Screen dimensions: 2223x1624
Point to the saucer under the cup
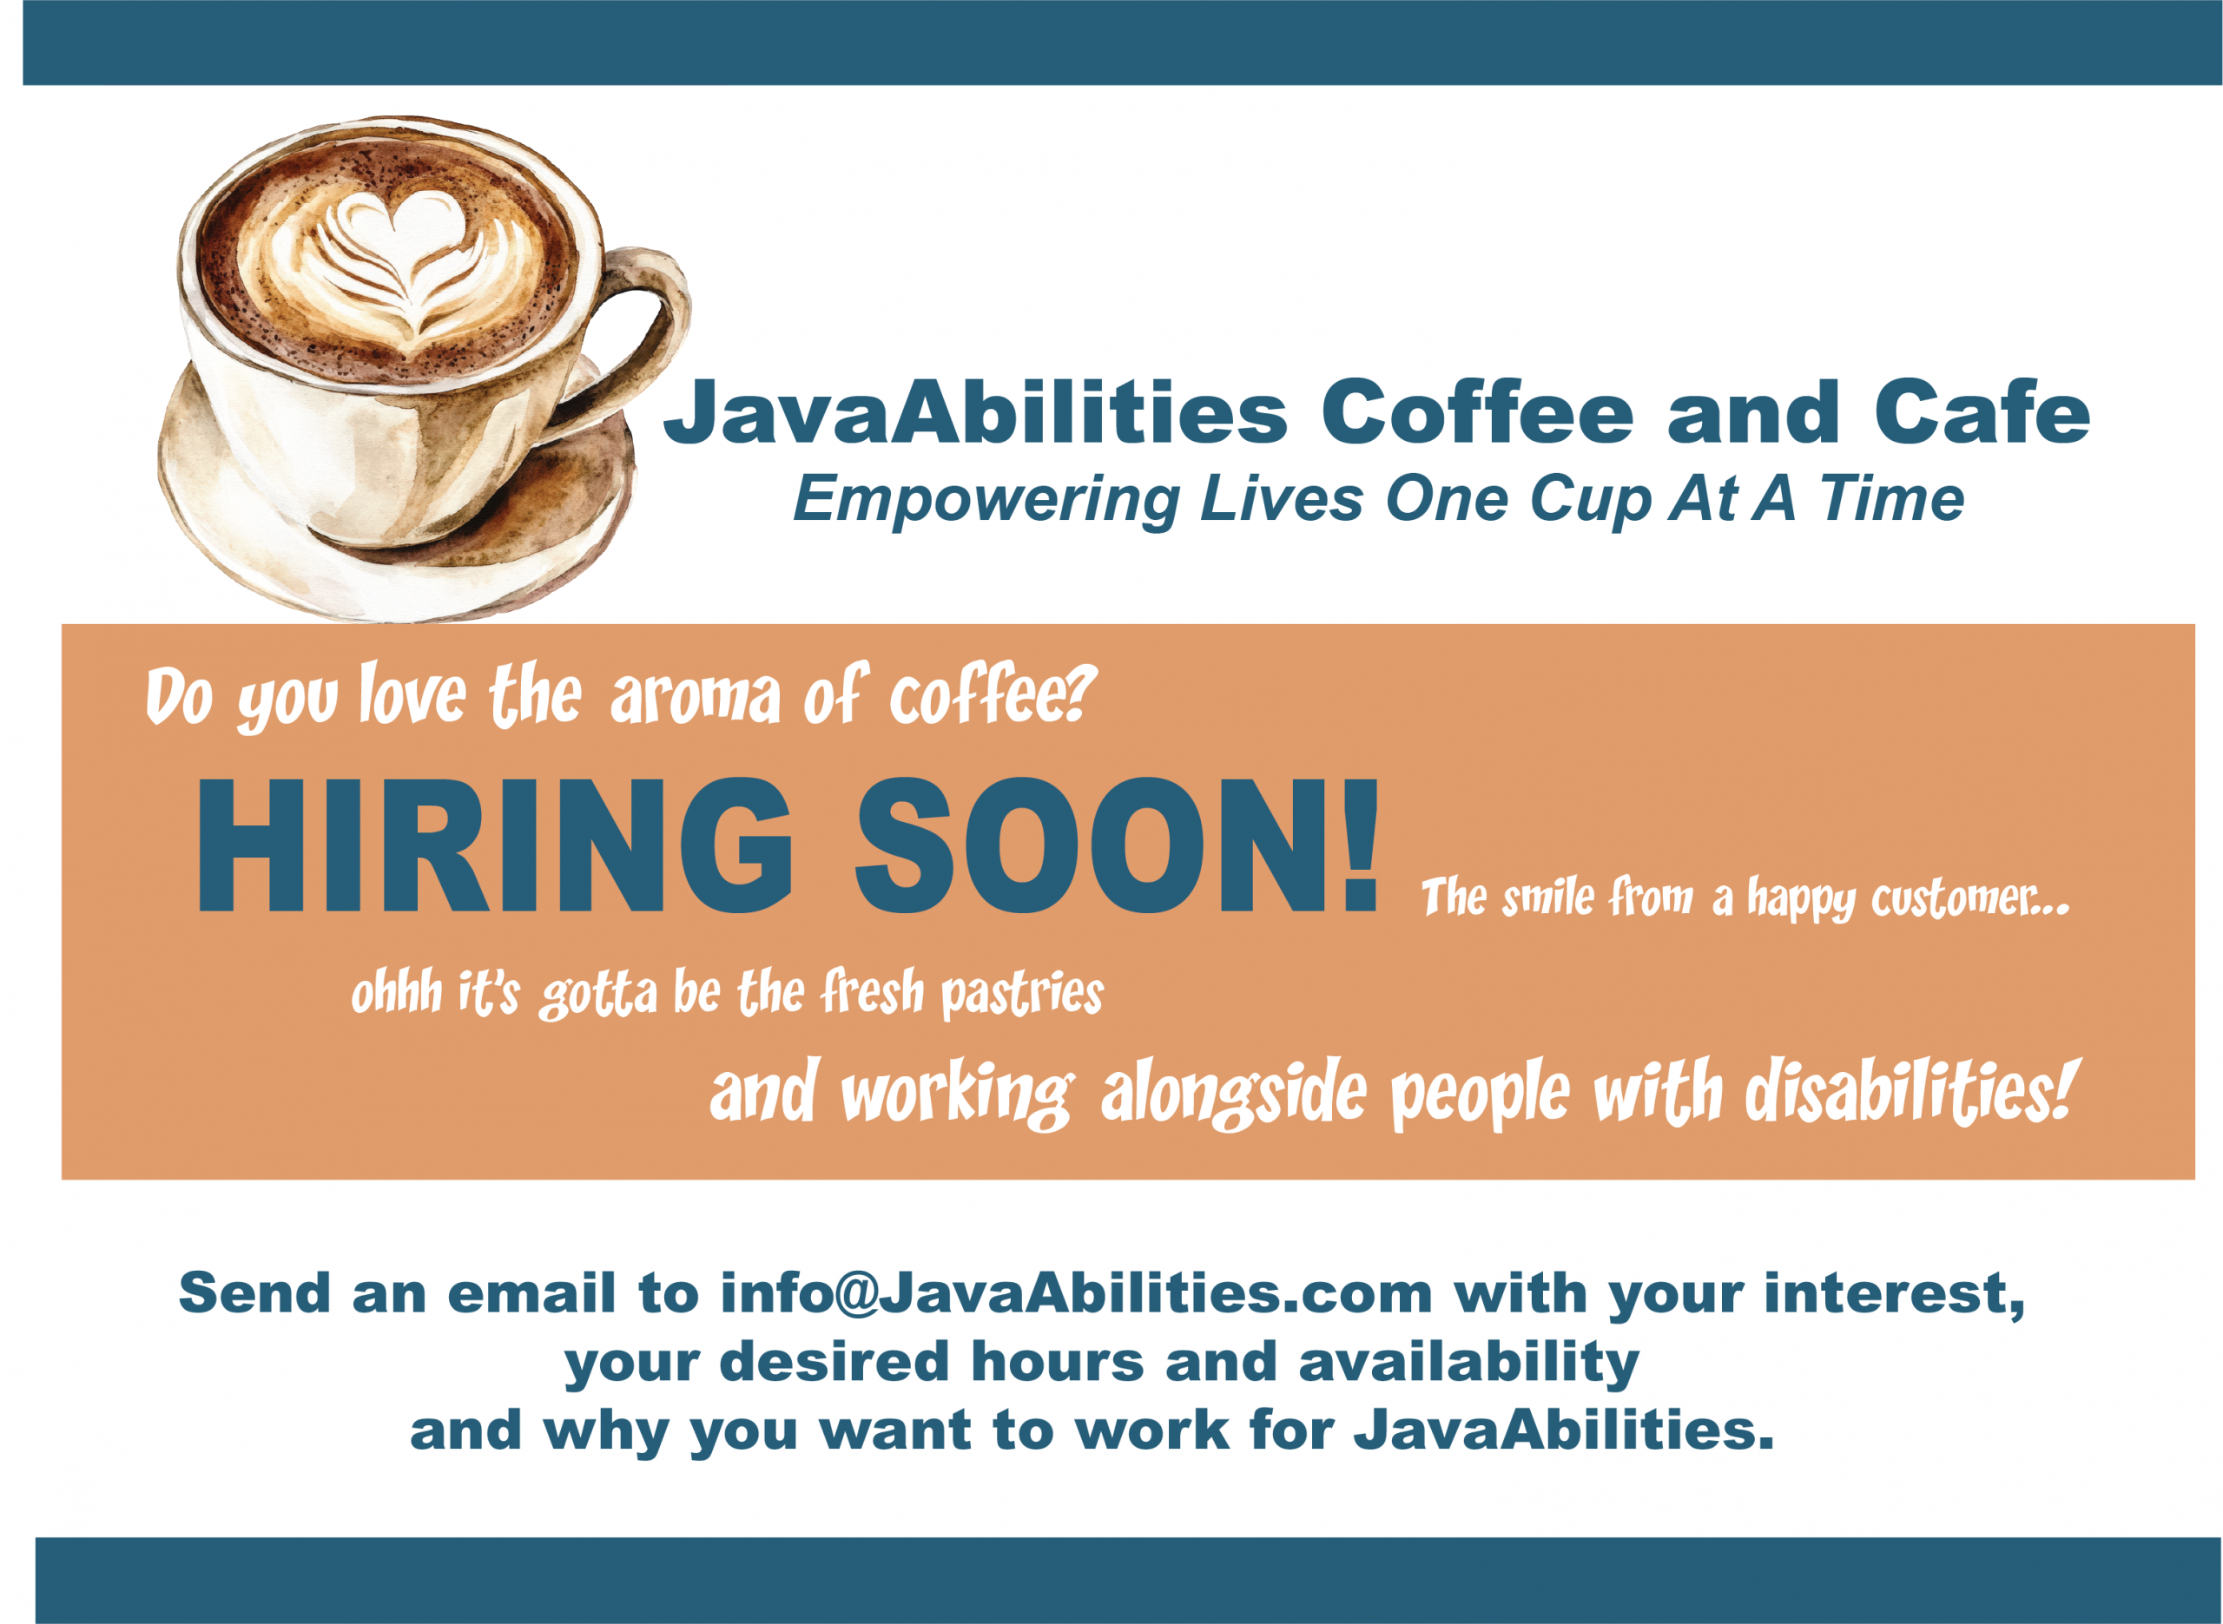tap(393, 511)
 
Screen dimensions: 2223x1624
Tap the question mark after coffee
tap(1079, 693)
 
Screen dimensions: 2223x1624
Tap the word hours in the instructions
tap(1057, 1363)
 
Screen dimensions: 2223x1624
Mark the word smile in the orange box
tap(1547, 898)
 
